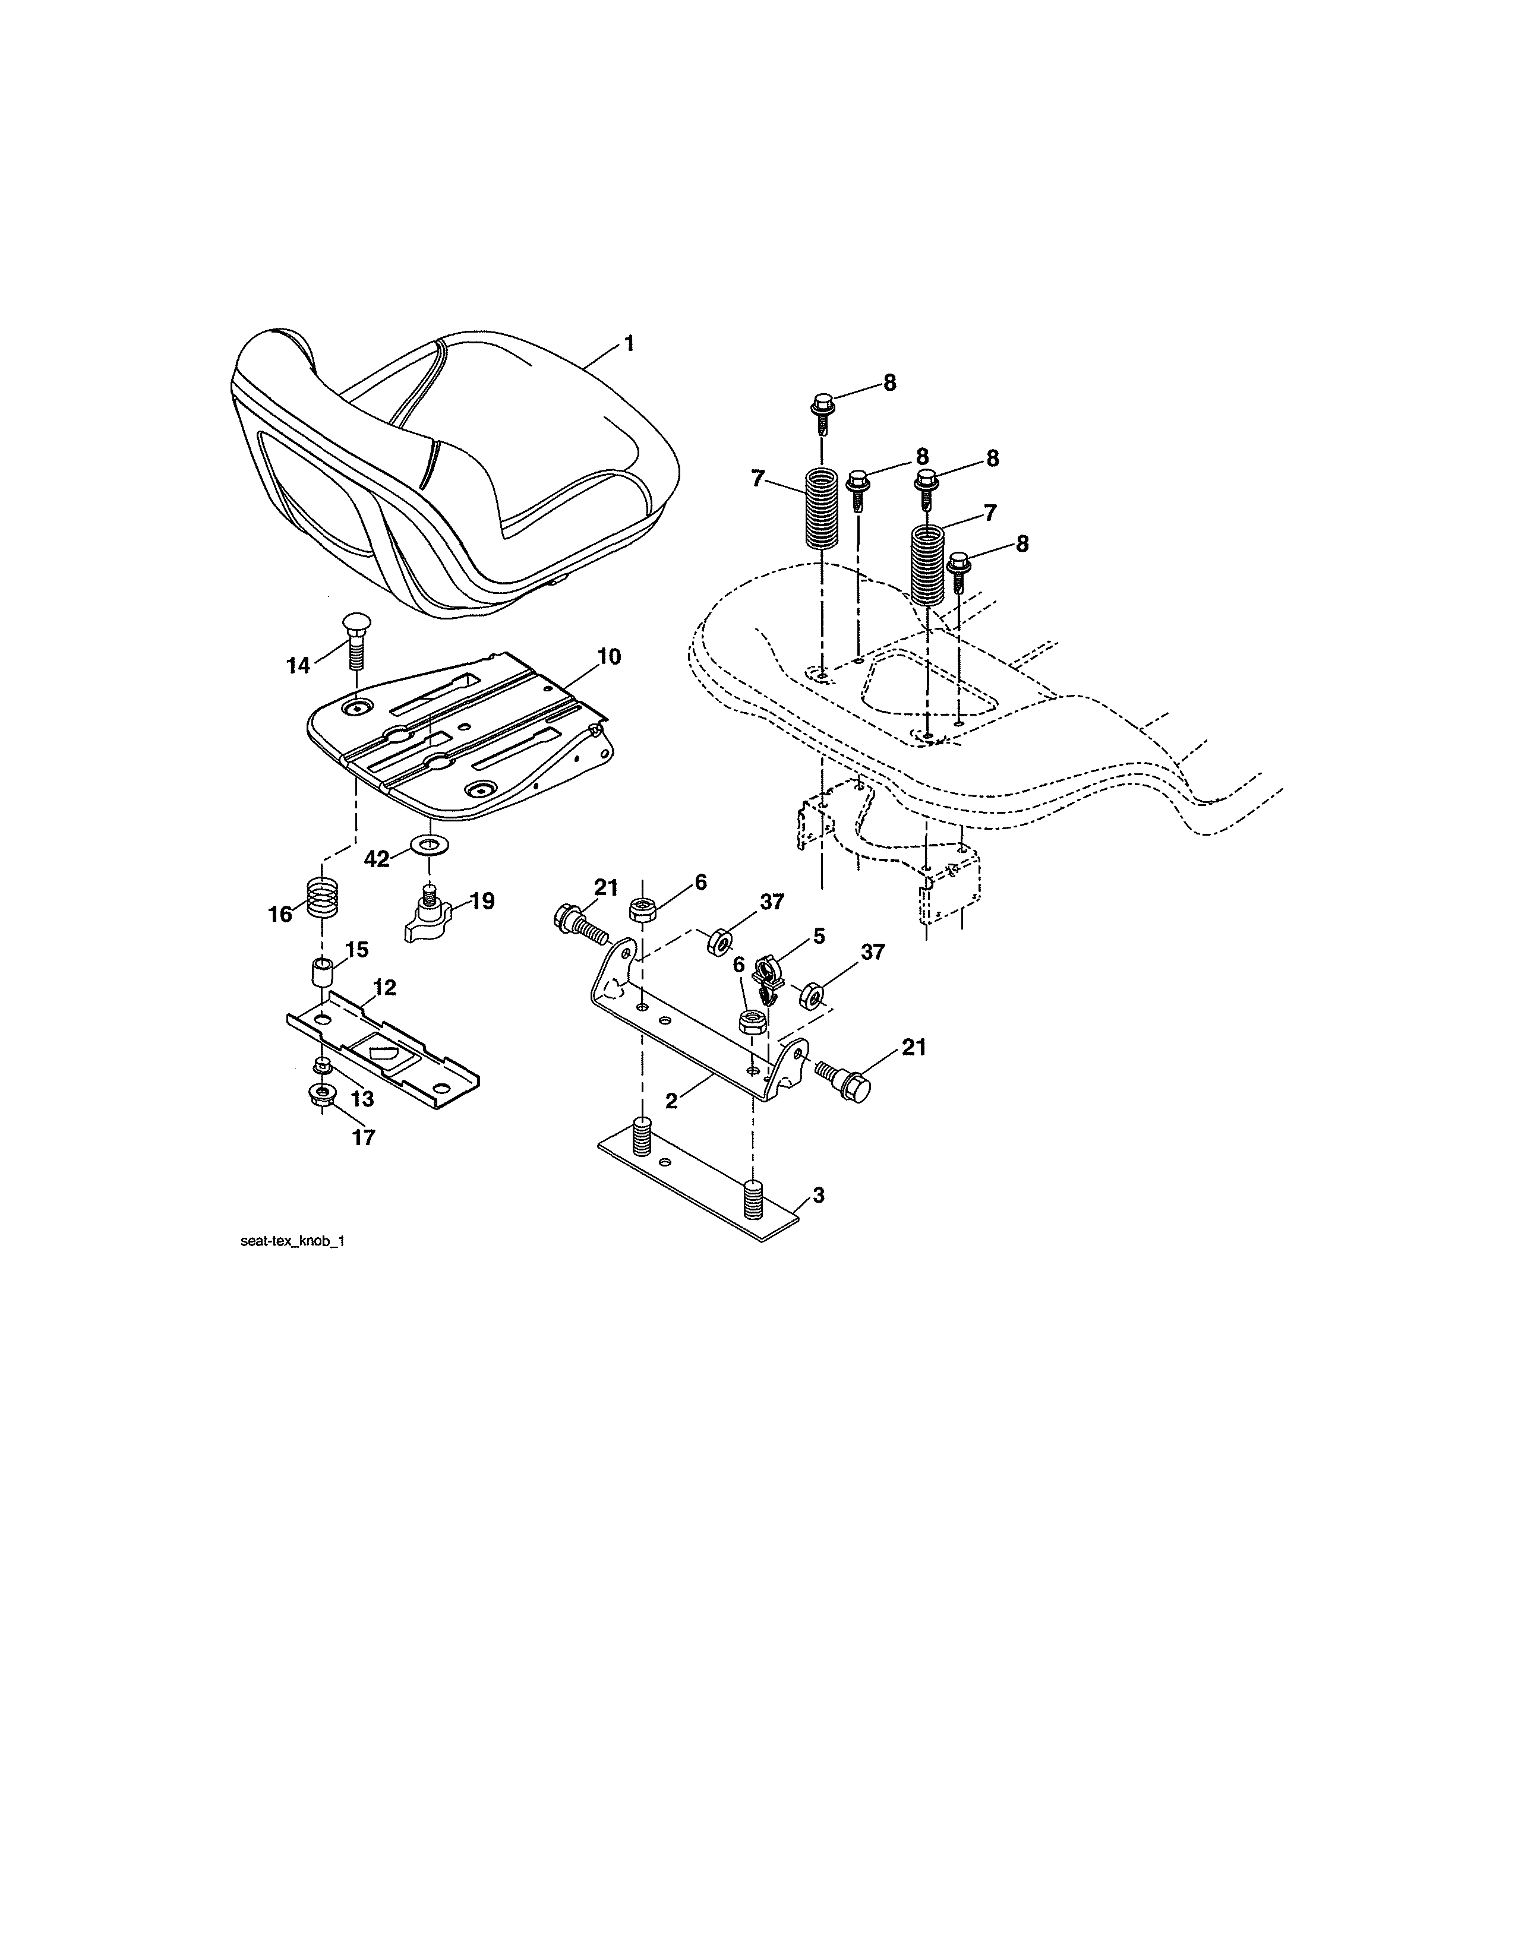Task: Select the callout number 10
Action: pyautogui.click(x=608, y=657)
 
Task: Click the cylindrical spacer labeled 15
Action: pyautogui.click(x=323, y=972)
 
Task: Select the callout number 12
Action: pyautogui.click(x=385, y=987)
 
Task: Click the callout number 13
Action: pyautogui.click(x=362, y=1098)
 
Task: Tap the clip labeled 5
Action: pyautogui.click(x=768, y=979)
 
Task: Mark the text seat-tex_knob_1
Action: pyautogui.click(x=292, y=1242)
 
